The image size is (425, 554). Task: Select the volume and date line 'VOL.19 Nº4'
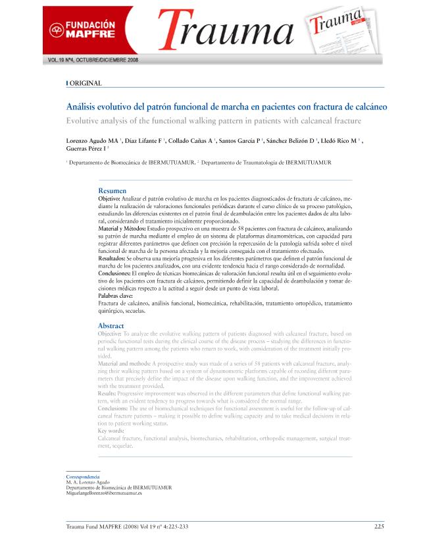93,59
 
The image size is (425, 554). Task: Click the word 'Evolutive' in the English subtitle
84,120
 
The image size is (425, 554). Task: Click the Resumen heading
112,190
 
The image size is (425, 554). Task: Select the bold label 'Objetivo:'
109,198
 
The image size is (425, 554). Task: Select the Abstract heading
111,326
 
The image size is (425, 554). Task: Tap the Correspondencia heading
82,476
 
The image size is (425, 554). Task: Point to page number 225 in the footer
379,526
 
